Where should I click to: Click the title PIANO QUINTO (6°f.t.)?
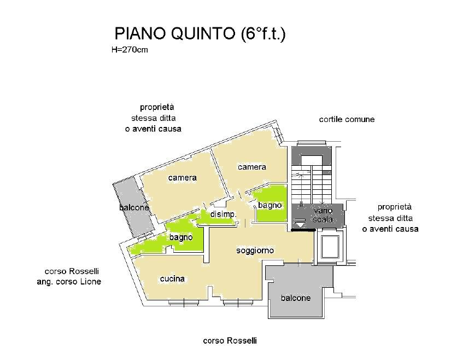(200, 34)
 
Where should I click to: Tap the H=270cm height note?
(130, 50)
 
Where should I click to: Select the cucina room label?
(172, 278)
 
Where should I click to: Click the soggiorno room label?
(255, 251)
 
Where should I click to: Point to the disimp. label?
(224, 214)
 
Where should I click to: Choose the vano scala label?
(323, 215)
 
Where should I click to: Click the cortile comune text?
(347, 119)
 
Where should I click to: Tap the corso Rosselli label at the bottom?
(230, 341)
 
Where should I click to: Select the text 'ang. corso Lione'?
(69, 282)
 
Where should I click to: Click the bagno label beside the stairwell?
(270, 206)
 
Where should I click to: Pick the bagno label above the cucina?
(181, 237)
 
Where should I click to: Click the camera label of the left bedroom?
(183, 178)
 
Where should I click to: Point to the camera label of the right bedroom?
(252, 167)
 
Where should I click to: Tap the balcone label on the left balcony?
(134, 207)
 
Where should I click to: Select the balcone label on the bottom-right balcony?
(296, 298)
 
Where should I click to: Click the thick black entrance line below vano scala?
(303, 230)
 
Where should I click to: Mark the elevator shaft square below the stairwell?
(330, 247)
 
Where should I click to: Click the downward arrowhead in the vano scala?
(300, 225)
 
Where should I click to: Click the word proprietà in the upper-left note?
(157, 107)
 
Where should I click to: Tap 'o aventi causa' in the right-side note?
(390, 229)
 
